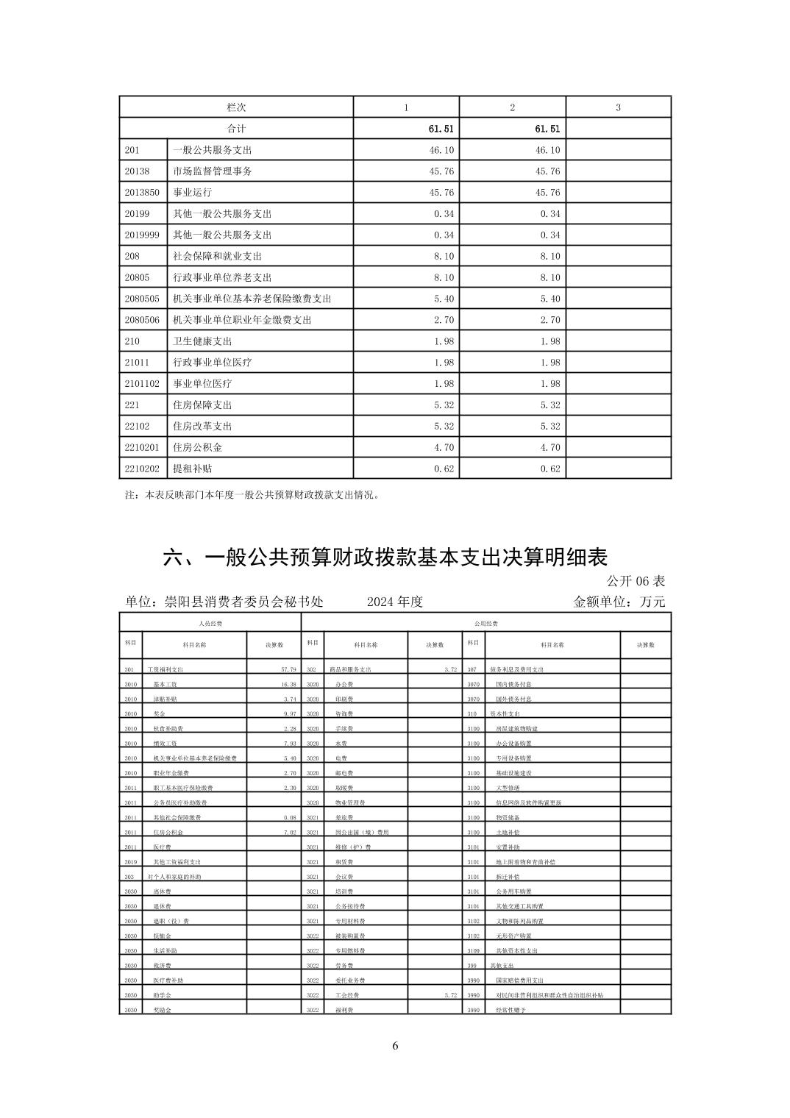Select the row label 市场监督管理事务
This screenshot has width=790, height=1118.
212,171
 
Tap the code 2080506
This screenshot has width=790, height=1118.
142,320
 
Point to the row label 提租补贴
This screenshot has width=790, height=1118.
192,469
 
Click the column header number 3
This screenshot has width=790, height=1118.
618,107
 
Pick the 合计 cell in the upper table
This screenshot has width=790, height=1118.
236,129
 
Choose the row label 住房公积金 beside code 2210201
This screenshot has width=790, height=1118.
197,447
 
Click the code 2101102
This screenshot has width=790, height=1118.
142,384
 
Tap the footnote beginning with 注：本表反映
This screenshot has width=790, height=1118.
253,495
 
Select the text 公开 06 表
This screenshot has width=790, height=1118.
636,581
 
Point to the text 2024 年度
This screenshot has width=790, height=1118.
395,602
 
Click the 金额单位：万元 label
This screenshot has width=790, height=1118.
619,602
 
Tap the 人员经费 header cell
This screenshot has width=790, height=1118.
210,624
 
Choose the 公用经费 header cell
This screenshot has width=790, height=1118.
486,624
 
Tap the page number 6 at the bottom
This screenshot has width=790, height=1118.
395,1046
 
